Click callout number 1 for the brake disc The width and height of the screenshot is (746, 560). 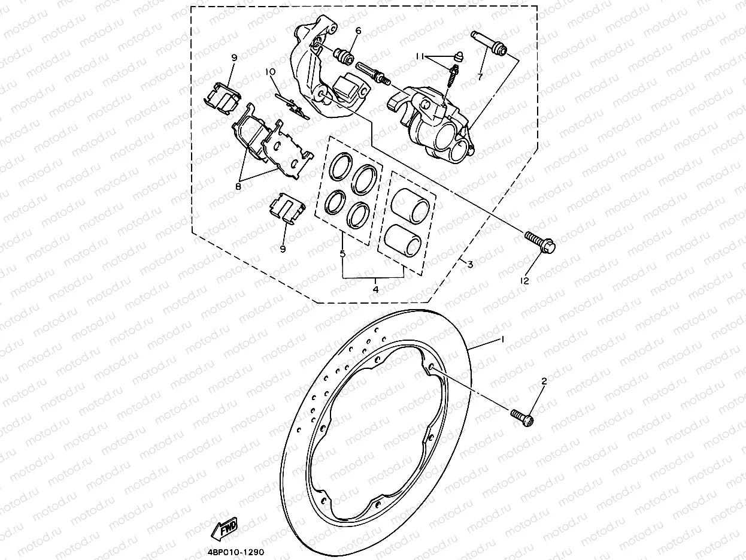point(502,340)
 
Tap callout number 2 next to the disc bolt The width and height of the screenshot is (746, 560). point(544,381)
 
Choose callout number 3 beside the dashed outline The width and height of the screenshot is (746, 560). point(470,264)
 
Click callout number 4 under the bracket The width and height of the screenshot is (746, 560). point(375,289)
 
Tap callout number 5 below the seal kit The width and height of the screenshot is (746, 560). point(342,254)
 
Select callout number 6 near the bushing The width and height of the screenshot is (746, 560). point(358,31)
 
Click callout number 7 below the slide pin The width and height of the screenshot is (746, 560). point(479,77)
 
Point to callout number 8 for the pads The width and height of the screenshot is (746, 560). point(238,186)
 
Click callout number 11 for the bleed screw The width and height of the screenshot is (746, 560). point(421,56)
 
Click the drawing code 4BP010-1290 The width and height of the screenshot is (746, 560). point(236,553)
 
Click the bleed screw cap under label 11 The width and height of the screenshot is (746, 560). point(458,56)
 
